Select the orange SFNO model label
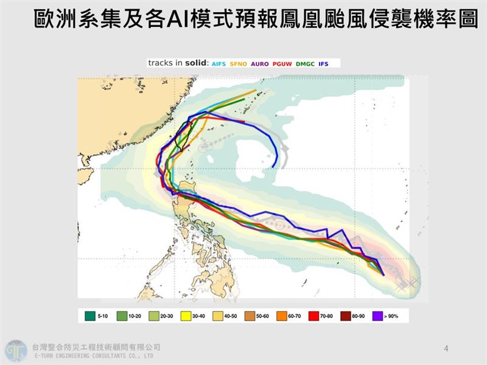[238, 63]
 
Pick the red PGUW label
[281, 63]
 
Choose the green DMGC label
[304, 63]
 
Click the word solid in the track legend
[195, 63]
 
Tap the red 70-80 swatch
[314, 316]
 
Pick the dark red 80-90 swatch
[345, 316]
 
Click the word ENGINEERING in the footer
[74, 355]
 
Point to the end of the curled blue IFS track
[275, 166]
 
